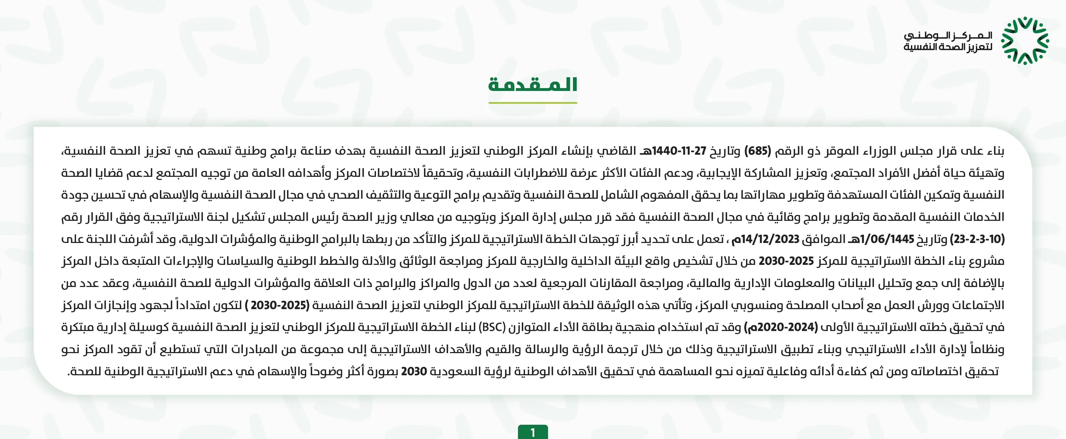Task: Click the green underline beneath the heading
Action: click(532, 103)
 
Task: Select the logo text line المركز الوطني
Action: click(948, 36)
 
